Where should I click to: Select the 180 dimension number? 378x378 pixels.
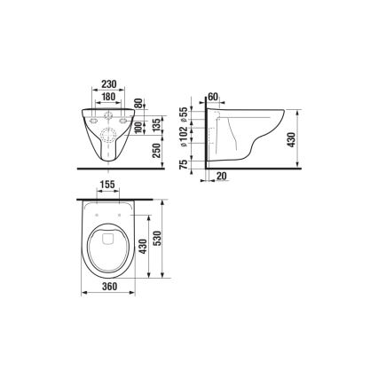pos(109,95)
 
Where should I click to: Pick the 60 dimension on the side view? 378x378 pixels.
pos(213,95)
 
